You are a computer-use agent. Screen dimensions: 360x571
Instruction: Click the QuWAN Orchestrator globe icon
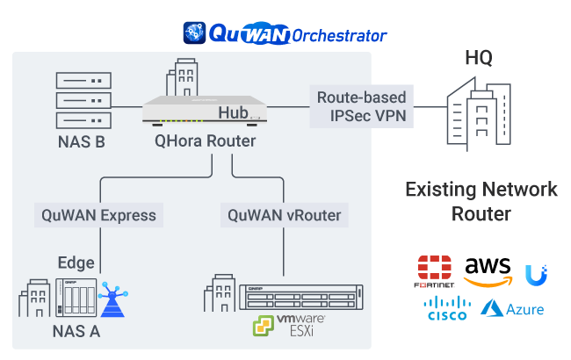point(193,33)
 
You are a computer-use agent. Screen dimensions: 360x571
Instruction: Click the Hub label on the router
point(235,112)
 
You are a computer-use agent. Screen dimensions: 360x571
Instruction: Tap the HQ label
point(479,59)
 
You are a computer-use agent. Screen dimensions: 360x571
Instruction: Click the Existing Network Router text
point(481,201)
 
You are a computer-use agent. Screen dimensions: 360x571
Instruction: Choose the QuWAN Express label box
point(98,214)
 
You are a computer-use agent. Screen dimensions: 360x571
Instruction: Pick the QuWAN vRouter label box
point(284,214)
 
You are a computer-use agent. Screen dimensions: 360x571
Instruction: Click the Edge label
point(76,263)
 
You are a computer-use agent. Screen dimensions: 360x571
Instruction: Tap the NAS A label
point(76,331)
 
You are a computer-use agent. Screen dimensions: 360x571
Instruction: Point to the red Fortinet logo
point(434,273)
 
